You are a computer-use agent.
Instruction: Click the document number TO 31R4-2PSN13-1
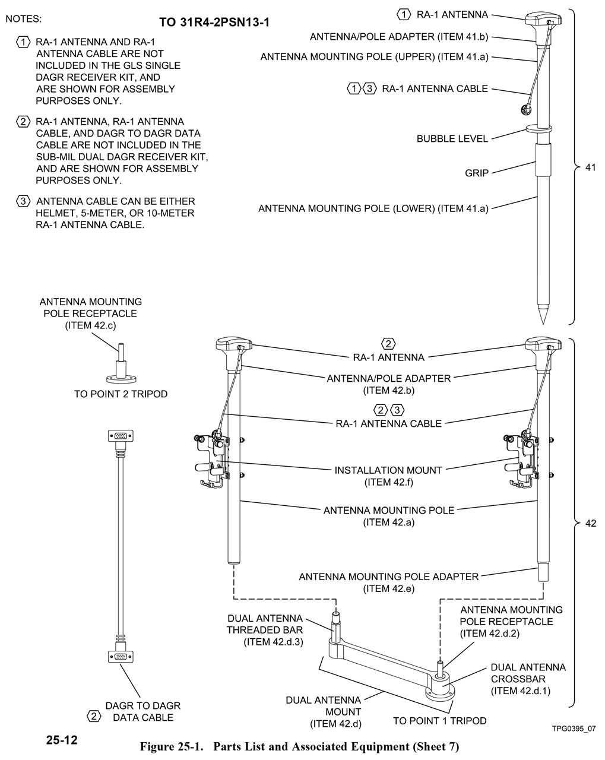click(214, 23)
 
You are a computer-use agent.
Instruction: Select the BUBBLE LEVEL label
click(452, 139)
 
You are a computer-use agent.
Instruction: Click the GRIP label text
click(477, 173)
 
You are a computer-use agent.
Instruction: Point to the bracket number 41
click(590, 168)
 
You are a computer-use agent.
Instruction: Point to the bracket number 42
click(590, 524)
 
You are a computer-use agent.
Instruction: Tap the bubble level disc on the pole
click(539, 128)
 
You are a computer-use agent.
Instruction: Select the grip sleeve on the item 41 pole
click(543, 159)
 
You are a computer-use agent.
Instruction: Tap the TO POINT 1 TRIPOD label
click(439, 721)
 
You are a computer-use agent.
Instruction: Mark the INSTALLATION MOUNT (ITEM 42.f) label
click(388, 476)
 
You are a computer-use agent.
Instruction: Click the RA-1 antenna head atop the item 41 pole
click(539, 17)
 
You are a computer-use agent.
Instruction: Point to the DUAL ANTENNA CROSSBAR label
click(528, 679)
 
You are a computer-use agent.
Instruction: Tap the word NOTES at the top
click(24, 19)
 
